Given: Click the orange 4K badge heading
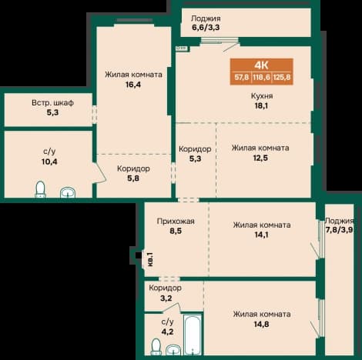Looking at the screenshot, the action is pos(261,65).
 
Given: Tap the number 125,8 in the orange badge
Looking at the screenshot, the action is pos(282,77).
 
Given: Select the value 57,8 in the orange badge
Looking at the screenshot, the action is pos(241,77).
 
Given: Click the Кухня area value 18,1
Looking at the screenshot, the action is pos(261,105).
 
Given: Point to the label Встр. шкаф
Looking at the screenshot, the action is pos(52,102).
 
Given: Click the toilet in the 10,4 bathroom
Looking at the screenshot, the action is pos(40,189).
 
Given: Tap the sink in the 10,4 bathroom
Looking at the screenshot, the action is pos(68,192).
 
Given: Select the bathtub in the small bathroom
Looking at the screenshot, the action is pos(192,335).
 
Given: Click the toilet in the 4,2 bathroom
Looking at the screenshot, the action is pos(156,347).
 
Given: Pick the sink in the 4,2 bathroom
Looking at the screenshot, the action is pos(173,350).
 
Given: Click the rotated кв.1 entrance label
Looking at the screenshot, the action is pos(150,259).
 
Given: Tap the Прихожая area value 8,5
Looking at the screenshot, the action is pos(176,231).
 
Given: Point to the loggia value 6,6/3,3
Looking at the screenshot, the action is pos(206,27).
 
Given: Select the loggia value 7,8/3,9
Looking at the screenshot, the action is pos(340,230).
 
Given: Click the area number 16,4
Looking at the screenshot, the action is pos(133,85).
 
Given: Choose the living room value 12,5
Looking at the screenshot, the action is pos(260,158).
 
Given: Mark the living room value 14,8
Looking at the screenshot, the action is pos(261,324).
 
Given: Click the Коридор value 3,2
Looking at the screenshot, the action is pos(166,298).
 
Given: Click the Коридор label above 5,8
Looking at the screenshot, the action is pos(133,168).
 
